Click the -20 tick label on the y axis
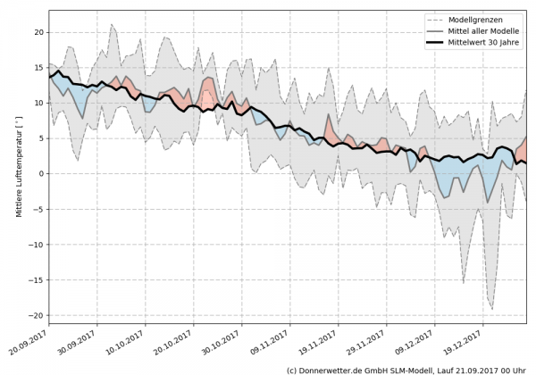point(36,315)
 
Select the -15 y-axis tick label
point(36,279)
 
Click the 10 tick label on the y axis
point(38,103)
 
